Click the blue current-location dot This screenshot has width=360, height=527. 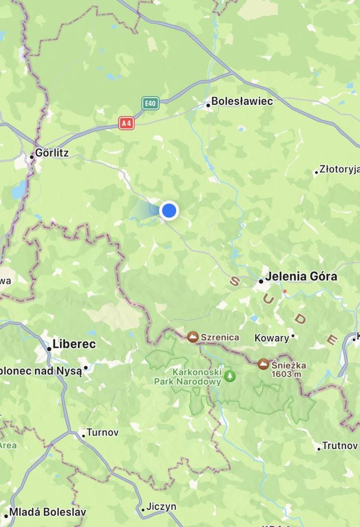tap(169, 210)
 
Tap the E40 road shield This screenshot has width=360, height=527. tap(150, 103)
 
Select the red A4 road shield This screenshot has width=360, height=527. tap(126, 124)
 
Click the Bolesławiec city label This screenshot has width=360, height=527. tap(242, 102)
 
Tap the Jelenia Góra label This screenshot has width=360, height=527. tap(301, 277)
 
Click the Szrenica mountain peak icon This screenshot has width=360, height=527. tap(193, 337)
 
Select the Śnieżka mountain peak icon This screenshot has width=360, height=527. tap(264, 364)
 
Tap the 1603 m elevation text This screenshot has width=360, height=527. tap(289, 374)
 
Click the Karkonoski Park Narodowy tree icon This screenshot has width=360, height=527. tap(230, 376)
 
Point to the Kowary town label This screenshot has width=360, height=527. tap(272, 338)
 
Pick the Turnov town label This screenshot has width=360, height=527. tap(103, 433)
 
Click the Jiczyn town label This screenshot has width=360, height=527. tap(162, 506)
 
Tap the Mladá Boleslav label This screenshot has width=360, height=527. tap(48, 512)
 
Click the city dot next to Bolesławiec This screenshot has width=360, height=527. tap(208, 104)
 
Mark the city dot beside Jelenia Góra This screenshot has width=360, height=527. tap(261, 281)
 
